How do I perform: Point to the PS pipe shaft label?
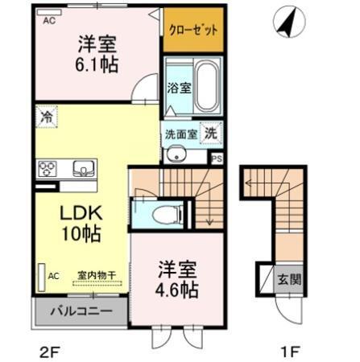(215, 158)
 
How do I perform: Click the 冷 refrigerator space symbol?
(47, 117)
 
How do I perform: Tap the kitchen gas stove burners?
(48, 169)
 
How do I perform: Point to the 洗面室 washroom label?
(180, 134)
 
